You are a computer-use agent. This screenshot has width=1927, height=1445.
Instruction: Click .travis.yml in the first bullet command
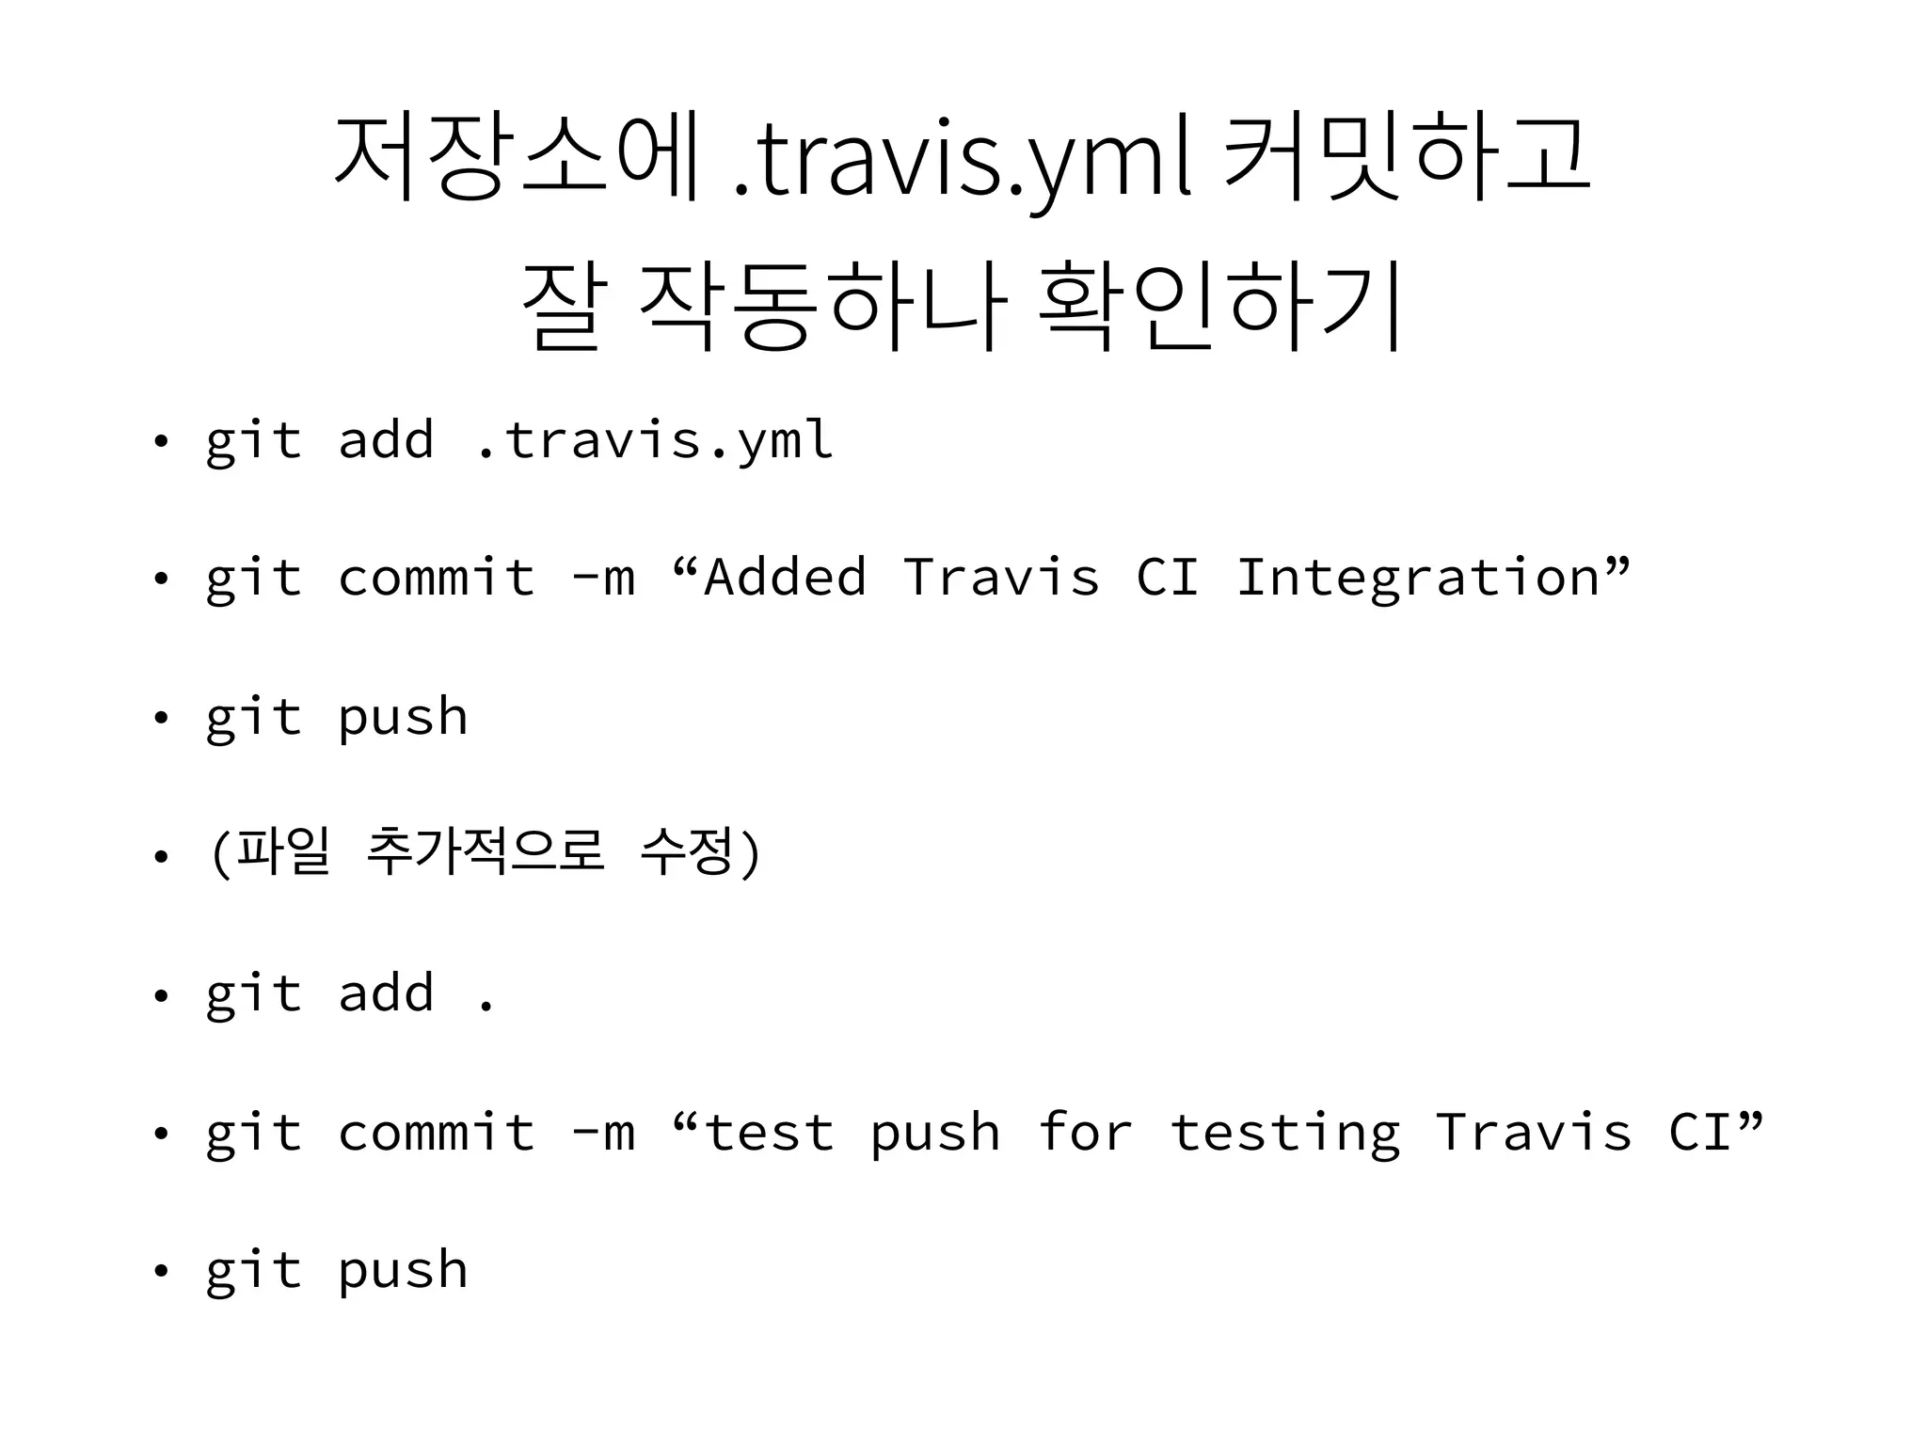coord(655,440)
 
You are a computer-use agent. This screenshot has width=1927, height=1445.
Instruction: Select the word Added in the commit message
coord(785,577)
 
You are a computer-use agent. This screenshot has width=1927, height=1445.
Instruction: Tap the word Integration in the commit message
coord(1417,579)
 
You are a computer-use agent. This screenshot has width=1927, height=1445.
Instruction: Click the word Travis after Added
coord(1001,577)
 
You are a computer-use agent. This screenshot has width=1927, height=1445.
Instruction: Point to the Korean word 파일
coord(282,852)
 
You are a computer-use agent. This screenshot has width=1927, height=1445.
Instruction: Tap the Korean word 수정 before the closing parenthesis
coord(686,852)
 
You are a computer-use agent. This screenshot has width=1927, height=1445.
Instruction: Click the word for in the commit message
coord(1085,1131)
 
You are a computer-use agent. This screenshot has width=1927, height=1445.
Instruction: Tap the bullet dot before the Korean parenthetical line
coord(161,856)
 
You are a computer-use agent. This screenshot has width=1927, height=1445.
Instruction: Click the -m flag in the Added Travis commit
coord(603,579)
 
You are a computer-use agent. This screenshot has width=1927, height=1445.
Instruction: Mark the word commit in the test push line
coord(436,1132)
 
